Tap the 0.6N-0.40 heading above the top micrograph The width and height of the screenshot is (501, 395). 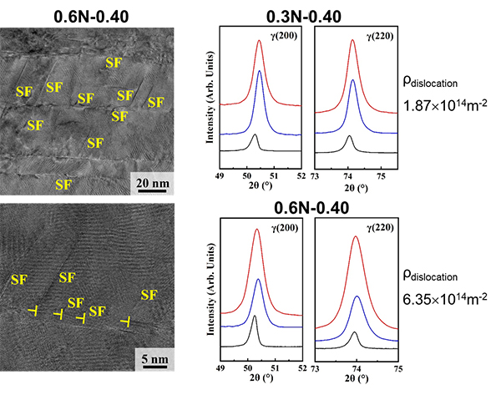90,13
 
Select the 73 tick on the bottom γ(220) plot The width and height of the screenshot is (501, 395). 316,367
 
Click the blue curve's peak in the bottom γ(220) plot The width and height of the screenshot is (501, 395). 357,296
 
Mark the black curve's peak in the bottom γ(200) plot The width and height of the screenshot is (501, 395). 255,316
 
